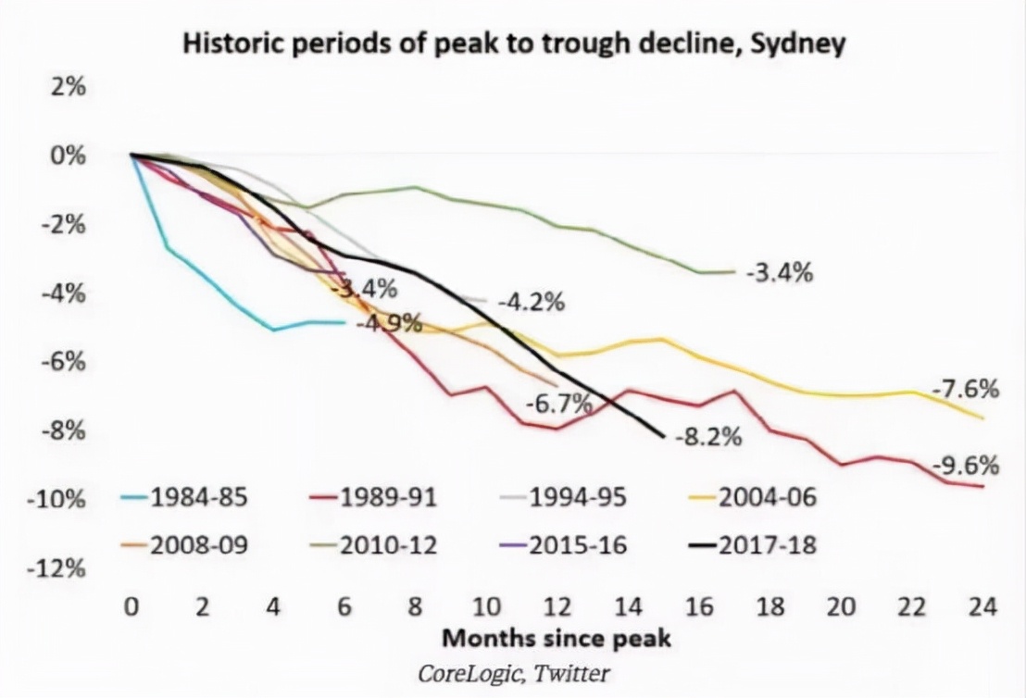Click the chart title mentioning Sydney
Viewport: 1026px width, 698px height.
[x=513, y=44]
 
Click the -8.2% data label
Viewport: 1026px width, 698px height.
[x=708, y=437]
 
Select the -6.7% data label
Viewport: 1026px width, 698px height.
[x=558, y=405]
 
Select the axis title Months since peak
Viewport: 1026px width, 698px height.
[x=556, y=639]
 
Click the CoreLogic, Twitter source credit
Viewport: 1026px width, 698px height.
[x=515, y=672]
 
